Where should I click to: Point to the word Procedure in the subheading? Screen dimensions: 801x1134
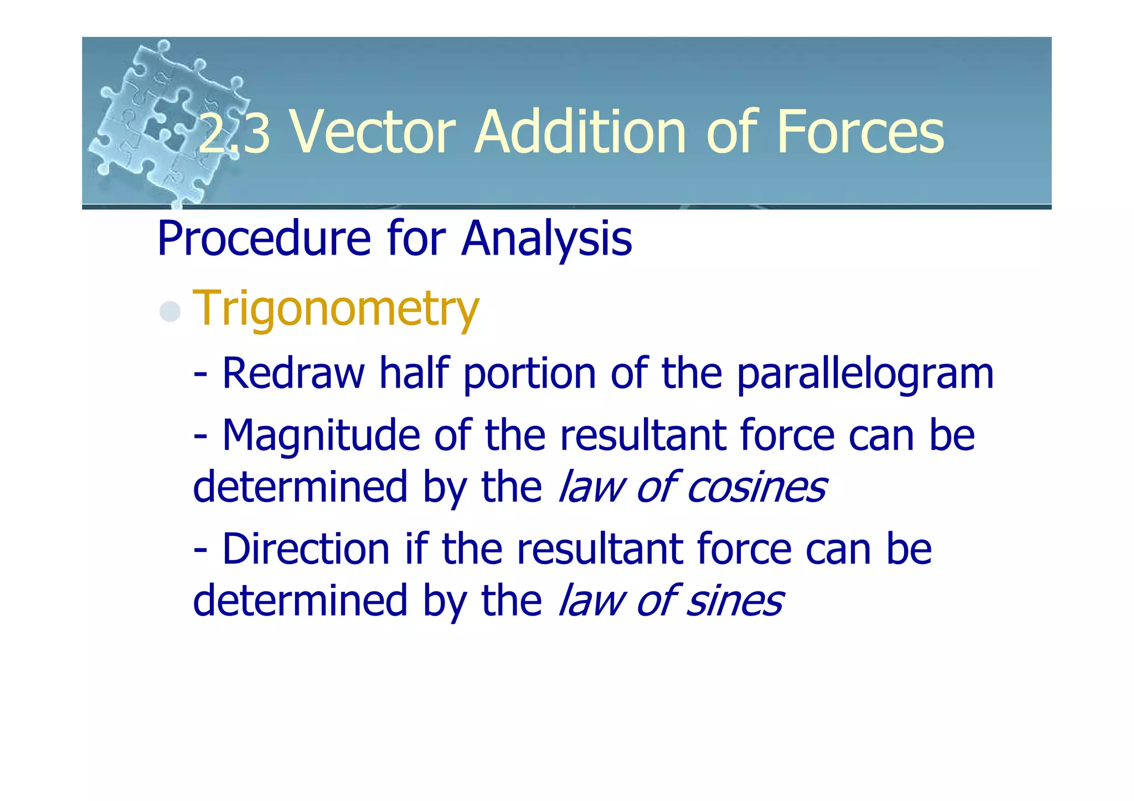263,239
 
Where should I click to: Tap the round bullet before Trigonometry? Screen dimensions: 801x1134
170,311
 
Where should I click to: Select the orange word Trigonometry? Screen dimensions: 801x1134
336,309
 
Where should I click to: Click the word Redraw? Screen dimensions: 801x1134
293,374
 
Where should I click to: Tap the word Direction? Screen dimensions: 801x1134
306,549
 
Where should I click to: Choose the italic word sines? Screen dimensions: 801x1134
734,601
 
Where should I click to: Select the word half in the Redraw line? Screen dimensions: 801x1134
414,374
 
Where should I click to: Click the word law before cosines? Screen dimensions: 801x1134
591,488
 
